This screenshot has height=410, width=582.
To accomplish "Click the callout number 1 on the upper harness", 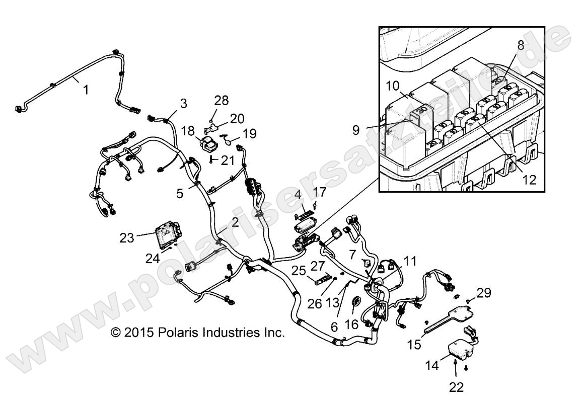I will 86,91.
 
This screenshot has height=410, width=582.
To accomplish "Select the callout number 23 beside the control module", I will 127,237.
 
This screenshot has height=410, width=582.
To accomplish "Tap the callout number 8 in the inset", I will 521,45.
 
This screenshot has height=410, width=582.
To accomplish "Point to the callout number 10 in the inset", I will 395,86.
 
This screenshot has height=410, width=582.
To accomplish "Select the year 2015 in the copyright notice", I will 137,333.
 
